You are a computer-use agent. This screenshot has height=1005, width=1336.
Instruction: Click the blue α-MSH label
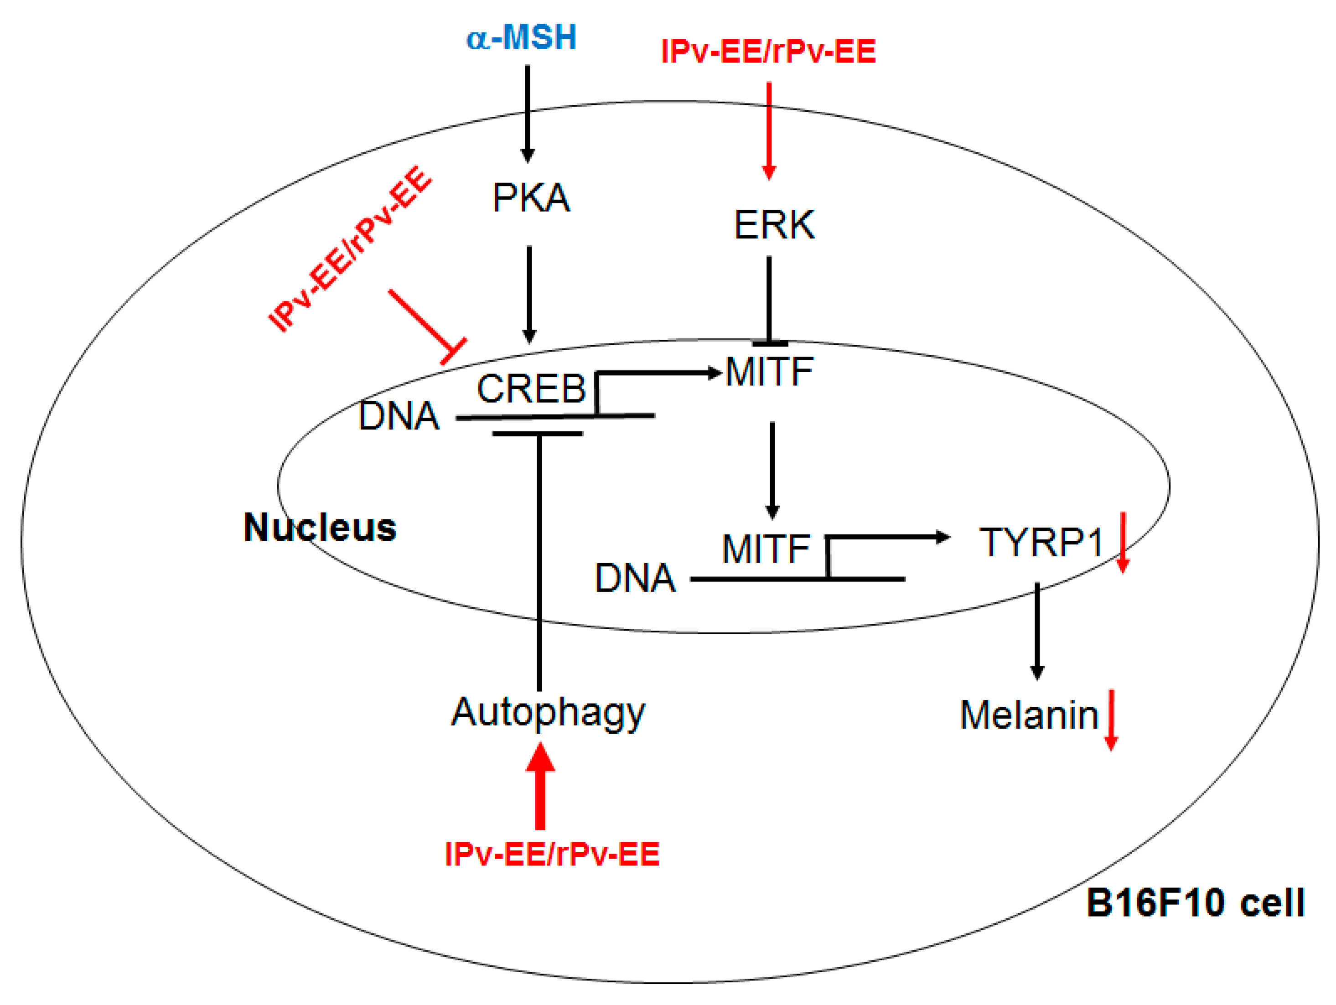pyautogui.click(x=521, y=37)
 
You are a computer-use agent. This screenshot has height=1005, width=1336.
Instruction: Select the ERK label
pyautogui.click(x=774, y=225)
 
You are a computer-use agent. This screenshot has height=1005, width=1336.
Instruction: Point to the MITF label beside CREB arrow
pyautogui.click(x=769, y=372)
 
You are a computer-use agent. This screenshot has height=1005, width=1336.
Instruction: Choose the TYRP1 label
pyautogui.click(x=1041, y=542)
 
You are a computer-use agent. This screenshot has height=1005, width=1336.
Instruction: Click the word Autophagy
pyautogui.click(x=548, y=713)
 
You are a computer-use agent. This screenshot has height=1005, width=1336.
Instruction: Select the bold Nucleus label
pyautogui.click(x=320, y=527)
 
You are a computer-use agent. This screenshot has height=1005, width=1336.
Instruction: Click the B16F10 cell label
pyautogui.click(x=1195, y=903)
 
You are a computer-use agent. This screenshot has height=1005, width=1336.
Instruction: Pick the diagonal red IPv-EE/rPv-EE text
pyautogui.click(x=350, y=249)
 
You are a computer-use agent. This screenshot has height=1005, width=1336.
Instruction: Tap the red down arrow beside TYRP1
pyautogui.click(x=1122, y=542)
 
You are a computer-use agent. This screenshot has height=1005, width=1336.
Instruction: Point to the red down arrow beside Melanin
pyautogui.click(x=1111, y=720)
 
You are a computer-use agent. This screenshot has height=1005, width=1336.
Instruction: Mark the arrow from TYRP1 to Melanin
pyautogui.click(x=1037, y=631)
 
